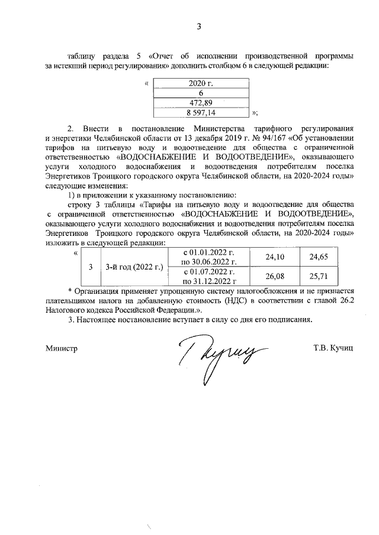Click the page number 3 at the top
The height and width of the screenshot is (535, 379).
tap(200, 26)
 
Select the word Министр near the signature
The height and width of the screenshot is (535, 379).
tap(62, 349)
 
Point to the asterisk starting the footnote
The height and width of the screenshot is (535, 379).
tap(70, 291)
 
